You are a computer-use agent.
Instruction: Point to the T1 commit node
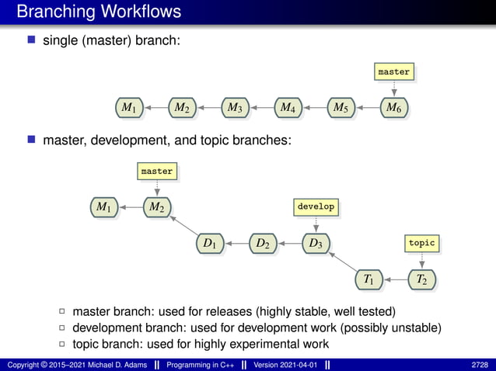369,278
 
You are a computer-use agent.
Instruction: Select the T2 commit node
421,278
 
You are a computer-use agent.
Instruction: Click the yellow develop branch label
316,206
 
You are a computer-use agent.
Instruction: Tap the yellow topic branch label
421,243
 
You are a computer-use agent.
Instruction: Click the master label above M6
393,71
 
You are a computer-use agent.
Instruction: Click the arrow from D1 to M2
183,226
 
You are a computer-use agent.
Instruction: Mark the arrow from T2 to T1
395,278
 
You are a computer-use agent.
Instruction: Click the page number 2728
480,364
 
